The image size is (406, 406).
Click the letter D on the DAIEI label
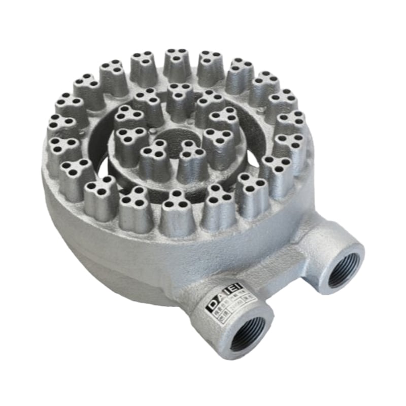click(x=213, y=306)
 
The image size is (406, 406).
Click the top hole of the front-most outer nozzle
click(x=177, y=194)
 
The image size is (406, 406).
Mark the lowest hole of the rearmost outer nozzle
click(x=177, y=60)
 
